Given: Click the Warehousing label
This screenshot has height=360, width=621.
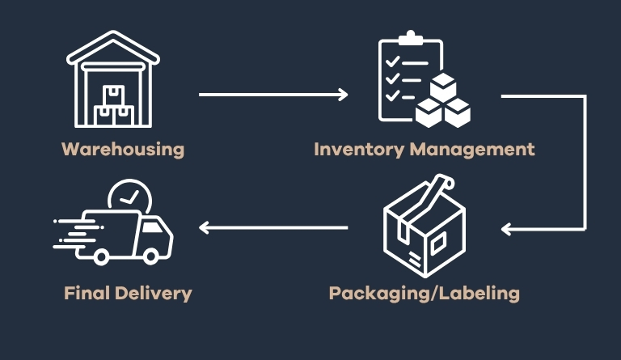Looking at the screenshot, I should pyautogui.click(x=123, y=150).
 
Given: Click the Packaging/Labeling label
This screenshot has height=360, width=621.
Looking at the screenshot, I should pyautogui.click(x=424, y=293).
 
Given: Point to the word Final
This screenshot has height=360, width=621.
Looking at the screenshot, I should pyautogui.click(x=87, y=293).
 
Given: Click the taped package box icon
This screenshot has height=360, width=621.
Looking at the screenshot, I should pyautogui.click(x=424, y=231).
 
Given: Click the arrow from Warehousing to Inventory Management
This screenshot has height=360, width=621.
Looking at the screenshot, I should pyautogui.click(x=273, y=95).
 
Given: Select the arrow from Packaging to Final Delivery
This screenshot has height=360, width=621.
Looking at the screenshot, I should pyautogui.click(x=273, y=228).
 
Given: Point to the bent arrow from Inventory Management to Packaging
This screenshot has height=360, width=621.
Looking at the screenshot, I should pyautogui.click(x=584, y=162).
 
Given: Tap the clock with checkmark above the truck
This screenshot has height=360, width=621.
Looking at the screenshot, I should pyautogui.click(x=129, y=198).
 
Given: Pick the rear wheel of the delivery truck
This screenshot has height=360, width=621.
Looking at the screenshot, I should pyautogui.click(x=102, y=256).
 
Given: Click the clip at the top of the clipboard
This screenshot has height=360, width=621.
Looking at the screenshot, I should pyautogui.click(x=411, y=38).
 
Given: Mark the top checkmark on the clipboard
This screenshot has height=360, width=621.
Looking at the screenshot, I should pyautogui.click(x=393, y=62).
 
